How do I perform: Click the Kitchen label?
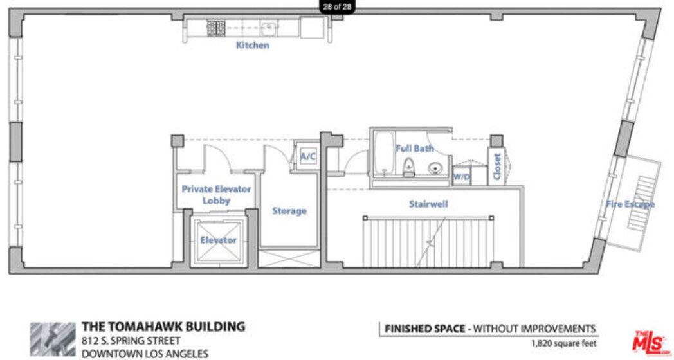click(252, 45)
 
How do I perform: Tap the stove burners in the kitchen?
click(216, 28)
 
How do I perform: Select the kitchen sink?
click(269, 28)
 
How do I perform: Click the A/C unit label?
click(308, 157)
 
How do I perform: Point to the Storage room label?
click(289, 211)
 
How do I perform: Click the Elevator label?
click(219, 240)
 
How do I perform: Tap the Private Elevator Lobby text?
click(216, 195)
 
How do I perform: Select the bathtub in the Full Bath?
click(383, 154)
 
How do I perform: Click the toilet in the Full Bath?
click(408, 167)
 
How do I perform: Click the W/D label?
click(462, 177)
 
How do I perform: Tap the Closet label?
click(497, 166)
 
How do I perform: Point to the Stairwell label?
click(428, 204)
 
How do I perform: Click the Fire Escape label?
click(630, 204)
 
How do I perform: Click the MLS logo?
click(650, 342)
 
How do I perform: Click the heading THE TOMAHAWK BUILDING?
click(164, 327)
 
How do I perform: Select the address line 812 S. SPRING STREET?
click(131, 341)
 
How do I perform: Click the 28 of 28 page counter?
click(338, 6)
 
